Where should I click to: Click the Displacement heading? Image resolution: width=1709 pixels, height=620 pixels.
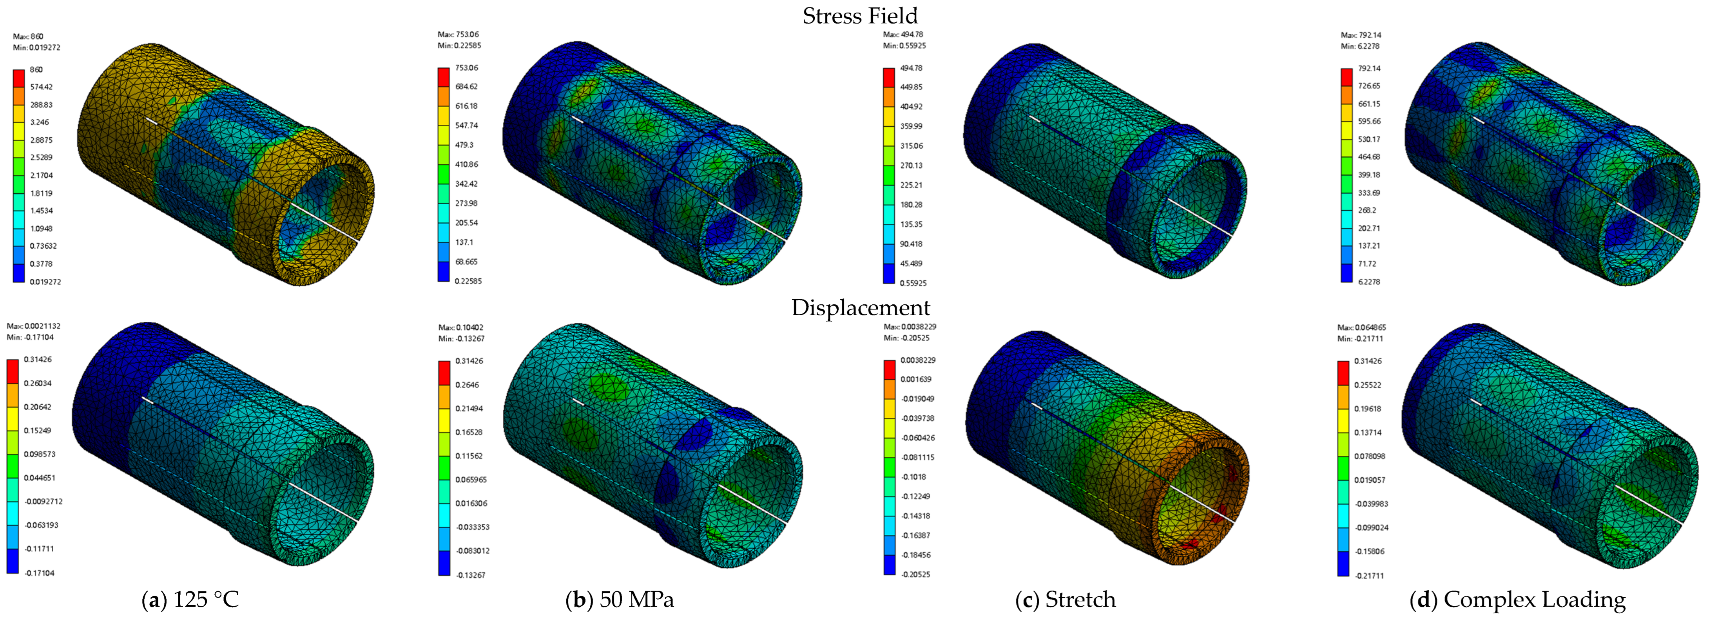point(861,308)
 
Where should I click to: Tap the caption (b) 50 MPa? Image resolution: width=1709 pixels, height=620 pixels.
point(620,600)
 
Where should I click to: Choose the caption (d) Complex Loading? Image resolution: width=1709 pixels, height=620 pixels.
point(1518,600)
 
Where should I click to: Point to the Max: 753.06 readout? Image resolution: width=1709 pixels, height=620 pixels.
point(459,35)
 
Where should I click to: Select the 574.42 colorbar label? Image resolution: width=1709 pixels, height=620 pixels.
point(41,87)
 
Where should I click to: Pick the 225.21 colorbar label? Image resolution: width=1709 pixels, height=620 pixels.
point(911,185)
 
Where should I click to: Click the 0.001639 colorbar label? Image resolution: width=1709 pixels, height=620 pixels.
point(915,380)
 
